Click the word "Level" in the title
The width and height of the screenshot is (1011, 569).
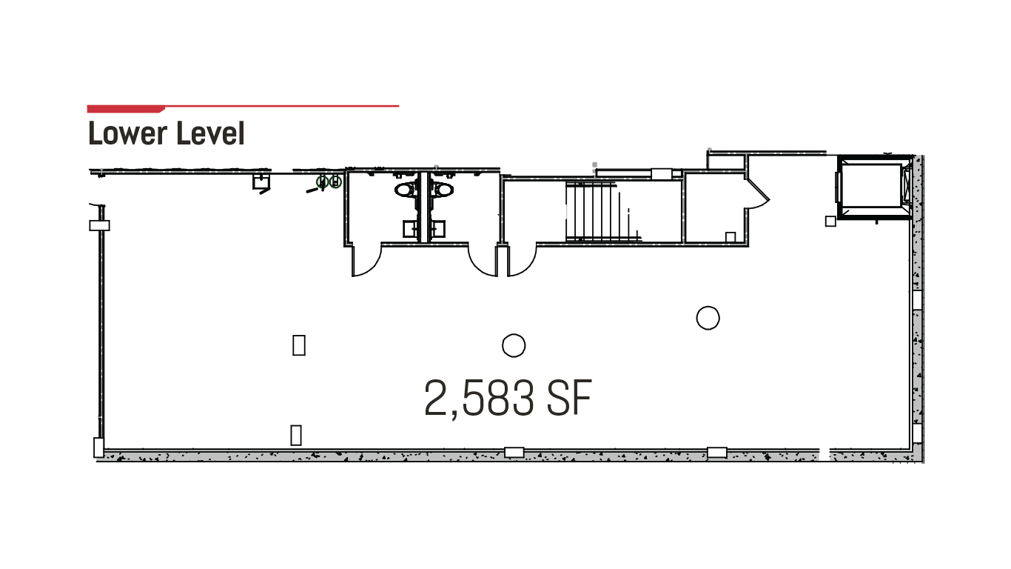210,133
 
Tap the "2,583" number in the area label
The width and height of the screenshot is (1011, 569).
479,399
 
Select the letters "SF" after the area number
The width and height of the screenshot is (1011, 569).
569,398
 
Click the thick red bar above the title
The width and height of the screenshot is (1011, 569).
126,109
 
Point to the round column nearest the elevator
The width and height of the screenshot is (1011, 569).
708,318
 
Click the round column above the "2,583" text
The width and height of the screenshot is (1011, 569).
514,346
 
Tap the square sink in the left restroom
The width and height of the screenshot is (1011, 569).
410,229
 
